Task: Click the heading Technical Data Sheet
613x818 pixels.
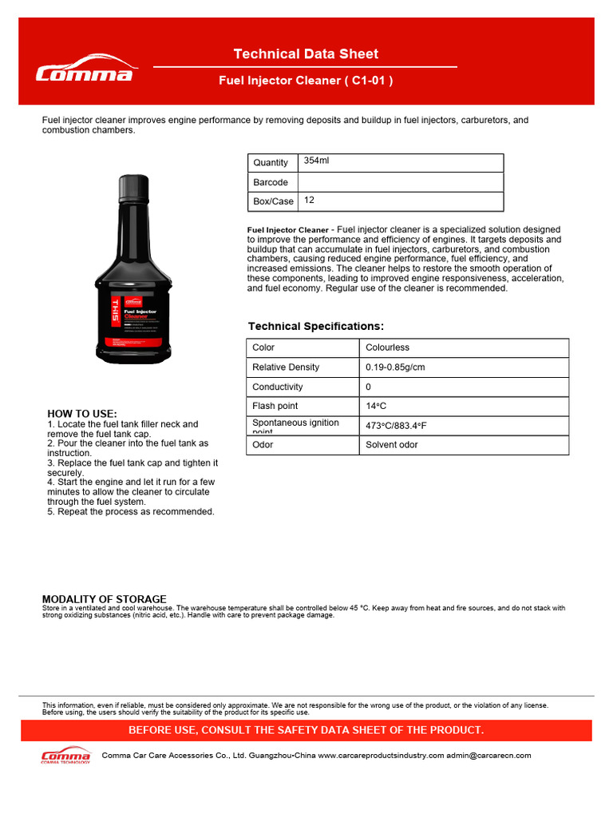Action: pyautogui.click(x=306, y=54)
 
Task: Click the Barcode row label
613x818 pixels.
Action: pyautogui.click(x=271, y=183)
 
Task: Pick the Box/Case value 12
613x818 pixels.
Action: pyautogui.click(x=309, y=201)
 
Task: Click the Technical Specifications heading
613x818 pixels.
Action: pyautogui.click(x=316, y=327)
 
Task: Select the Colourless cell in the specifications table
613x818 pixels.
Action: pyautogui.click(x=388, y=347)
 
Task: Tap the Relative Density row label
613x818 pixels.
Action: pyautogui.click(x=286, y=367)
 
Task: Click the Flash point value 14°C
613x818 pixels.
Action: pyautogui.click(x=376, y=407)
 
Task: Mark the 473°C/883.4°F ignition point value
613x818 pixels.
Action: pyautogui.click(x=396, y=426)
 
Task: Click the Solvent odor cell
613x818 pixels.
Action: pyautogui.click(x=392, y=445)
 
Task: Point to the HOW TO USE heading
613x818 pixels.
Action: pyautogui.click(x=82, y=414)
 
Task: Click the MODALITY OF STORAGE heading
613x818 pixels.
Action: pyautogui.click(x=104, y=599)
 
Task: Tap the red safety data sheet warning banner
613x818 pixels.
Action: pyautogui.click(x=306, y=731)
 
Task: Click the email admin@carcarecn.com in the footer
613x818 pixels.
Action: pyautogui.click(x=488, y=755)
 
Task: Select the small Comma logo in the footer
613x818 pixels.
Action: pyautogui.click(x=65, y=756)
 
